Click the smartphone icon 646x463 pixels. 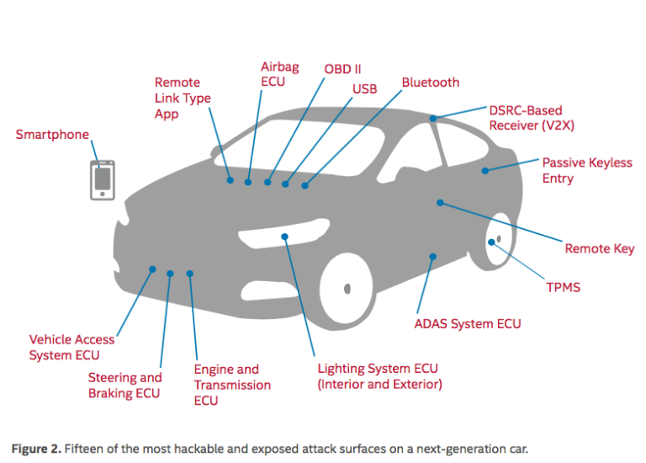coord(103,179)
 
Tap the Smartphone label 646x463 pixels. coord(52,135)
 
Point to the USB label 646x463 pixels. coord(364,88)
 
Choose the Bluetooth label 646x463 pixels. coord(430,82)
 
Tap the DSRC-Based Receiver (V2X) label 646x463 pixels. coord(526,118)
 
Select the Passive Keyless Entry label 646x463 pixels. coord(586,170)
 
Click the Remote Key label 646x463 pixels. coord(599,249)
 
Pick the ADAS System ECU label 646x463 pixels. coord(468,323)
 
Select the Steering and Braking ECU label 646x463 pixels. coord(124,386)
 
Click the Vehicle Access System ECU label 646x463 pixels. coord(71,347)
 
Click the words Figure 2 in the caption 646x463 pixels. coord(39,448)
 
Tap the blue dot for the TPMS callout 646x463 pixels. coord(491,242)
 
